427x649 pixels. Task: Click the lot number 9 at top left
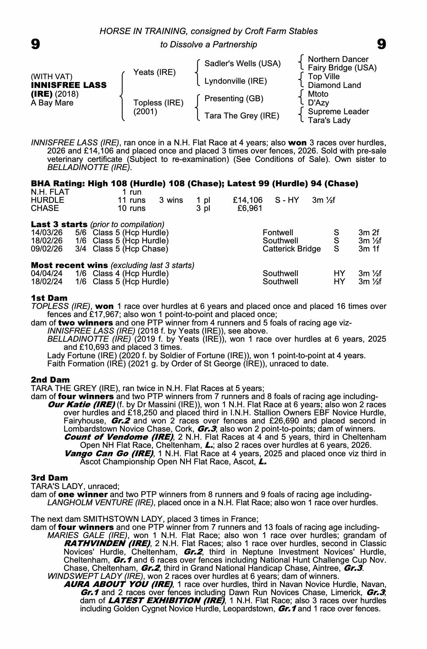[35, 44]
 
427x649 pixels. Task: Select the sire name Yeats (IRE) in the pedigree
[154, 72]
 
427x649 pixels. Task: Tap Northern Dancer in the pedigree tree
[338, 59]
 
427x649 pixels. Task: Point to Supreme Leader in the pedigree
[338, 112]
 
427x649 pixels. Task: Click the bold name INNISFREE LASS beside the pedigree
[69, 85]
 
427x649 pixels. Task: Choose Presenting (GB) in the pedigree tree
[234, 99]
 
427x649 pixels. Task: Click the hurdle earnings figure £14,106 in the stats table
[247, 200]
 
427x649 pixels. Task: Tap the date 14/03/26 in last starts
[46, 233]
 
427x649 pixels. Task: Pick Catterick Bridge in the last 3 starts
[291, 249]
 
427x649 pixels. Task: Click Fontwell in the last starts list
[278, 233]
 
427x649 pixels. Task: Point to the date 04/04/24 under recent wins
[46, 274]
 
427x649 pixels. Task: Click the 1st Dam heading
[49, 298]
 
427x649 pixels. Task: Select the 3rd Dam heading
[49, 478]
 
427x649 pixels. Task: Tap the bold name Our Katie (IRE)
[81, 405]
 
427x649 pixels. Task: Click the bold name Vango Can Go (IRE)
[109, 453]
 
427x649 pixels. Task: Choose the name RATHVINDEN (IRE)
[107, 543]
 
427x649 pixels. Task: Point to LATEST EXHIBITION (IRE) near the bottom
[166, 600]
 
